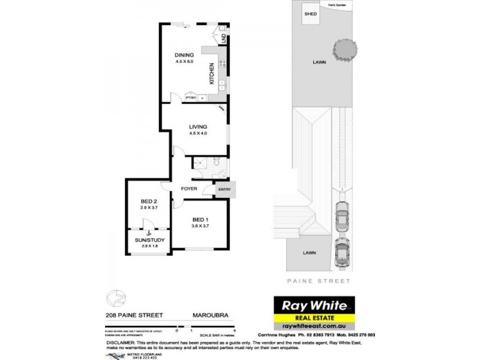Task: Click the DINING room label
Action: [184, 55]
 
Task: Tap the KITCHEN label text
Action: [211, 73]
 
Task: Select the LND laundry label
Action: [224, 38]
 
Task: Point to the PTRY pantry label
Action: [190, 98]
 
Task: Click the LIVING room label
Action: [198, 127]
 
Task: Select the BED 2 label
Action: [149, 201]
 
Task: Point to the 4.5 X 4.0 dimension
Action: [198, 133]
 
